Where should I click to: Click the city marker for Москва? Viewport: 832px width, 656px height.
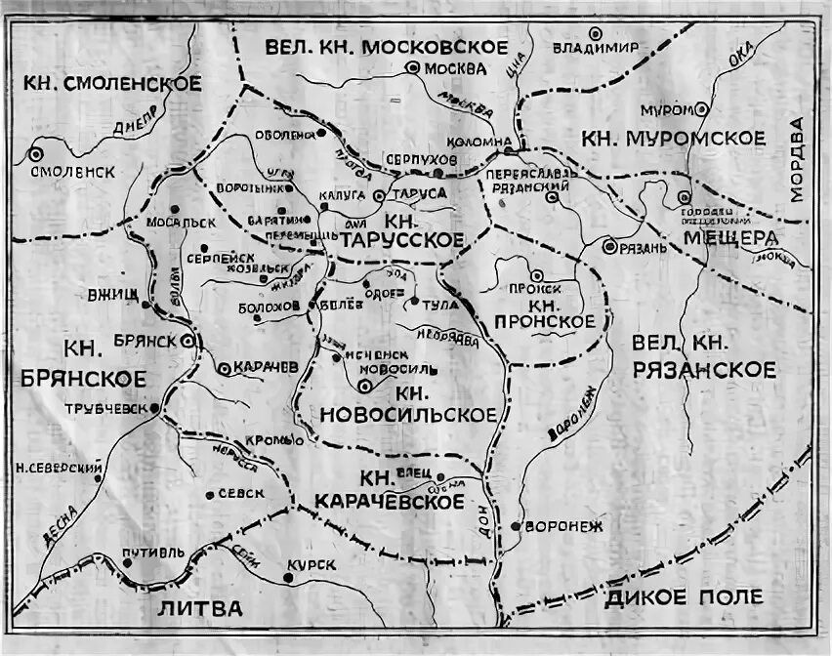coord(413,68)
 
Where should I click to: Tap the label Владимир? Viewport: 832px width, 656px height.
coord(595,47)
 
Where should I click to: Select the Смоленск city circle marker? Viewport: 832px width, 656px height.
coord(36,153)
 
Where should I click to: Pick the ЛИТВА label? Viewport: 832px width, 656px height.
coord(198,608)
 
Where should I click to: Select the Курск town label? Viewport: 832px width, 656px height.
coord(312,566)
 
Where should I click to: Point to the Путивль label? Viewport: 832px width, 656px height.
coord(150,553)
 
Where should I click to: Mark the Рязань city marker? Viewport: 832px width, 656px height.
coord(609,247)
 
